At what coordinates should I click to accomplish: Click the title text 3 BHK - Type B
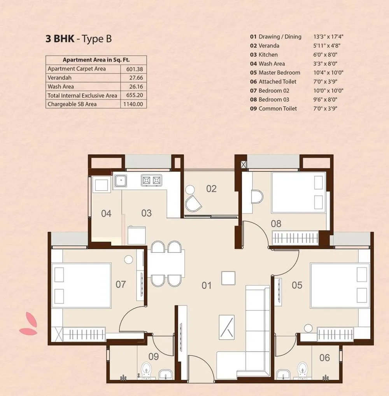[x=79, y=39]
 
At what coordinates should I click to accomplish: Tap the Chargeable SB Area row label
[x=72, y=104]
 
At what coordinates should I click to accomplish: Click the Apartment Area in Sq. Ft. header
[x=96, y=60]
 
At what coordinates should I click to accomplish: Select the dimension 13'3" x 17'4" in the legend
[x=329, y=37]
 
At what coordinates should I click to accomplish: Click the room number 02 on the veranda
[x=211, y=189]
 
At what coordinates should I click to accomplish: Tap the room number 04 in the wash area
[x=106, y=214]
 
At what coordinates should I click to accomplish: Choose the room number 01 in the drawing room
[x=207, y=286]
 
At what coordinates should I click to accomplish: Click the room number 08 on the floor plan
[x=276, y=224]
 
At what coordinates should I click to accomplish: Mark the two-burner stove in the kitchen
[x=151, y=180]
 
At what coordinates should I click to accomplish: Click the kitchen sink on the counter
[x=121, y=180]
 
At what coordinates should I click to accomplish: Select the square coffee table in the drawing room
[x=228, y=278]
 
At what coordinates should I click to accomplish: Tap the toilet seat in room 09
[x=147, y=368]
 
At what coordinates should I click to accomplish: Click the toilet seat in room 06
[x=302, y=369]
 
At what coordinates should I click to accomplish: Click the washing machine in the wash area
[x=101, y=185]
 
